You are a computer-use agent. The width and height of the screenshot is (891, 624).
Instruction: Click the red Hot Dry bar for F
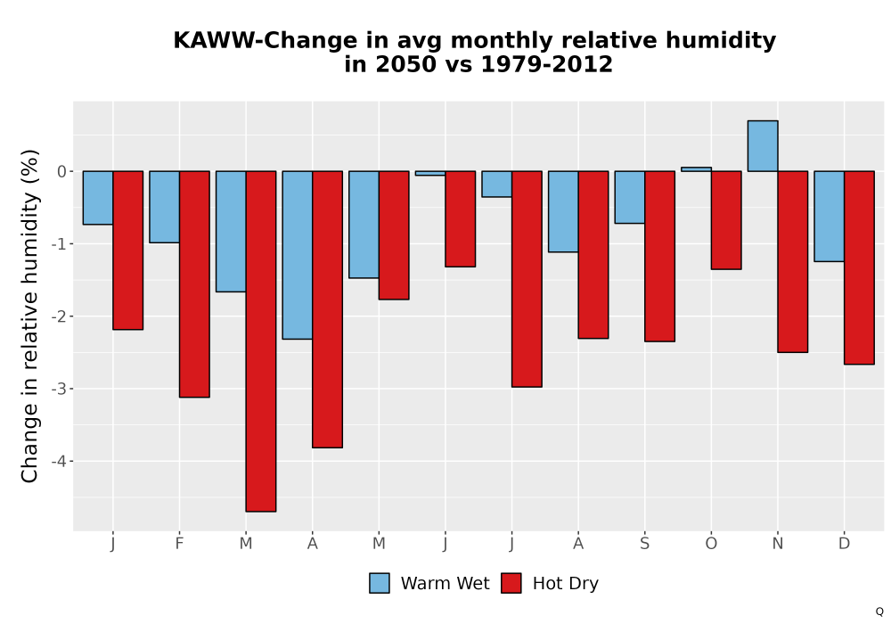[194, 284]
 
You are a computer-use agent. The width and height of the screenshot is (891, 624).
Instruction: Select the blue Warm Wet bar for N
[763, 146]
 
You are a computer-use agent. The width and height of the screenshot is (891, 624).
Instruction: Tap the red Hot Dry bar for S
[659, 257]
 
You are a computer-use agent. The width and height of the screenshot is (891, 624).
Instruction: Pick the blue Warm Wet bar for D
[829, 217]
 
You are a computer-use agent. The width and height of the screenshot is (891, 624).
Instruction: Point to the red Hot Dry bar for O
[726, 220]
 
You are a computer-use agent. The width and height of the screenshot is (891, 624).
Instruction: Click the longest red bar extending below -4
[261, 341]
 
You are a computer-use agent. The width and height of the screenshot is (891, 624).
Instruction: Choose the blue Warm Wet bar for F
[165, 207]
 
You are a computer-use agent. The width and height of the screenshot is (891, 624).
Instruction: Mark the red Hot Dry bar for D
[859, 267]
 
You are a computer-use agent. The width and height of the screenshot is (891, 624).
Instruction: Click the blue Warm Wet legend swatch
[379, 583]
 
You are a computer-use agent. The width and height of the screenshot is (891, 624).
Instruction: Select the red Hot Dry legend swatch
[511, 583]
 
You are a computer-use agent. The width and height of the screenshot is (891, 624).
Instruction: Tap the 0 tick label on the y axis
[62, 172]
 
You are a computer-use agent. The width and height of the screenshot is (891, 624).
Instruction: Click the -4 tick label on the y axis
[59, 462]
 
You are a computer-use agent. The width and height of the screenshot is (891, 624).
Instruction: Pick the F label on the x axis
[180, 544]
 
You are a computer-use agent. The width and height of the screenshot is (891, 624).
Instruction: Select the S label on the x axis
[645, 544]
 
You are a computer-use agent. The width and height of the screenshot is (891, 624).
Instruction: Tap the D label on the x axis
[845, 544]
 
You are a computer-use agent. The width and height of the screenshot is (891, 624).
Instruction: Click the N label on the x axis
[778, 544]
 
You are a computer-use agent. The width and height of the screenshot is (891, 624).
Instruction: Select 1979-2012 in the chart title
[547, 64]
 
